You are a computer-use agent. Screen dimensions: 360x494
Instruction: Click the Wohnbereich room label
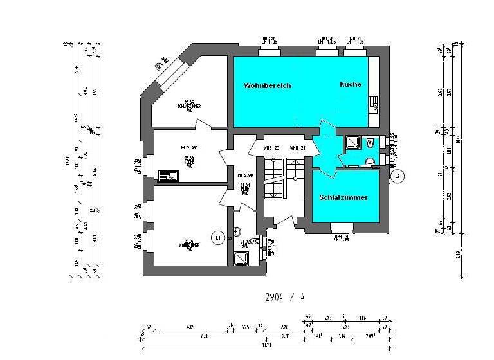click(x=267, y=85)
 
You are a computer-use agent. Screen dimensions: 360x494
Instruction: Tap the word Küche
click(x=351, y=84)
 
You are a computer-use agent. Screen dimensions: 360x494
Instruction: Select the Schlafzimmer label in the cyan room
click(x=343, y=197)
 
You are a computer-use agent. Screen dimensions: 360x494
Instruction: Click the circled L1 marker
click(x=219, y=238)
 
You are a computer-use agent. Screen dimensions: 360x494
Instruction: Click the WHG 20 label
click(x=271, y=148)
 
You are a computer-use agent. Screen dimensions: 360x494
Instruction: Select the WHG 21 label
click(x=296, y=148)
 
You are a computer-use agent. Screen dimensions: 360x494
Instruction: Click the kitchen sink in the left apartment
click(x=169, y=175)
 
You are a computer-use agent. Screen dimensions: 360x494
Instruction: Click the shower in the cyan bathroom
click(x=352, y=142)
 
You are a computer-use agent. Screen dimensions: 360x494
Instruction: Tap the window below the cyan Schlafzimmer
click(x=342, y=227)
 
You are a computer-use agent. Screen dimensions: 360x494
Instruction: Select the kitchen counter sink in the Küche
click(x=374, y=106)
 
